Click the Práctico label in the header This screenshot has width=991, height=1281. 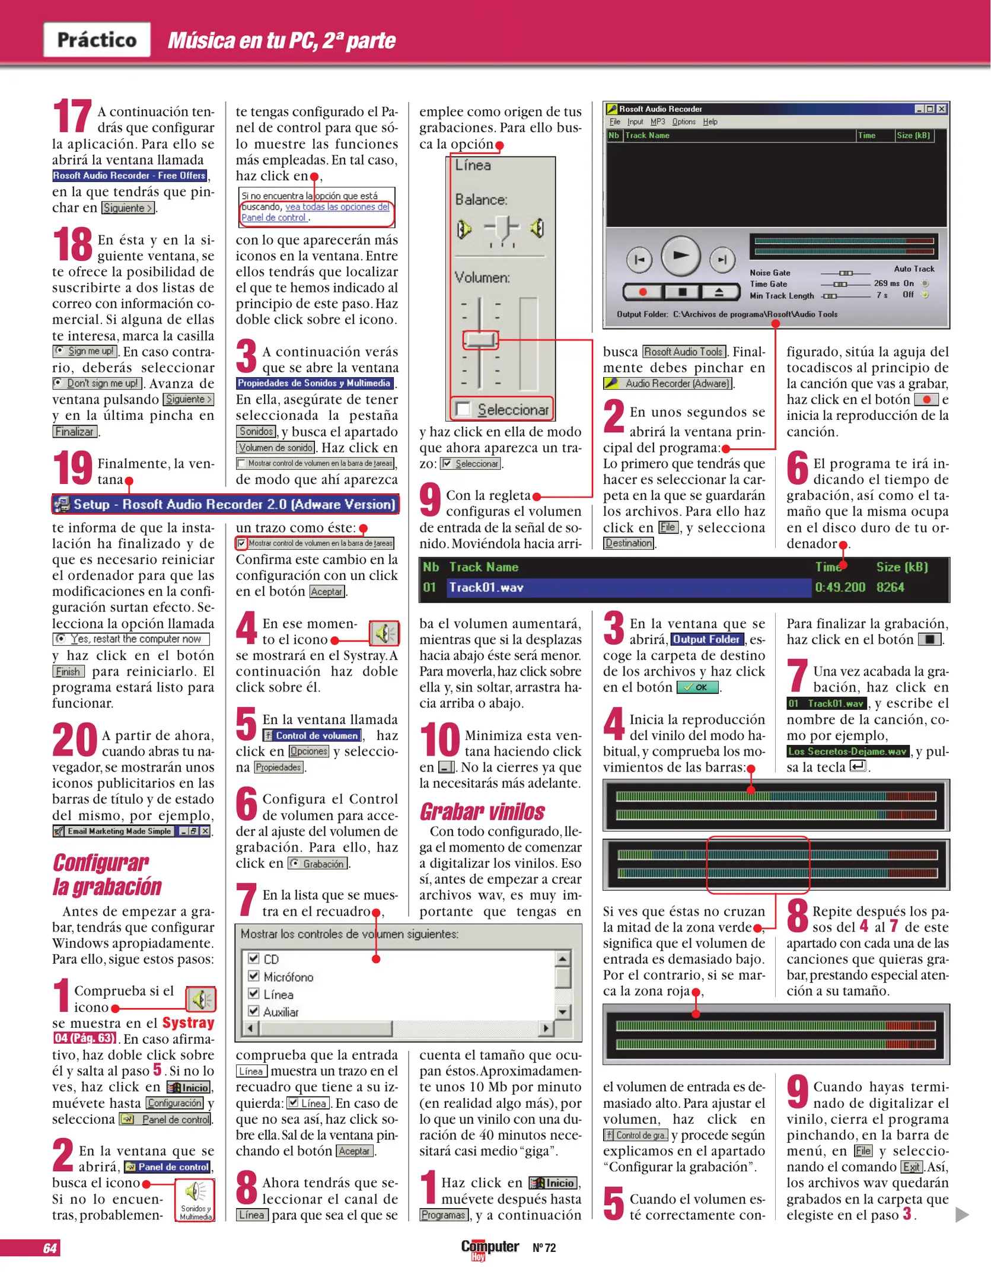pos(97,40)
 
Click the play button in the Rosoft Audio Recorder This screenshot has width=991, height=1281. pos(680,256)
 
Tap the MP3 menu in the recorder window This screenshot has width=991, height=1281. pos(657,122)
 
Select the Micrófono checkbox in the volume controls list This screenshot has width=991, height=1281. pos(254,976)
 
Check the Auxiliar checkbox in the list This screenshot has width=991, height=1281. pos(254,1011)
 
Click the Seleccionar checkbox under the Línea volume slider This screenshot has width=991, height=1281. pos(463,409)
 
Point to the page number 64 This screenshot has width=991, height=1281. pos(50,1248)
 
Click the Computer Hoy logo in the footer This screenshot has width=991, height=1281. pos(489,1248)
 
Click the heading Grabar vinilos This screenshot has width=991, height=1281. pos(482,811)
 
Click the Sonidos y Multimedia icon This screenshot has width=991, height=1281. pos(196,1199)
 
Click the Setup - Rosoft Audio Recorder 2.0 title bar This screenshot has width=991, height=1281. pos(226,504)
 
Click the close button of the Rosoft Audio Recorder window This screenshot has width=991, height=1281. pos(941,109)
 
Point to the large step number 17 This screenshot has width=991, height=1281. pos(72,116)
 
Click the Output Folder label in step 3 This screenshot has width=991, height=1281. pos(707,639)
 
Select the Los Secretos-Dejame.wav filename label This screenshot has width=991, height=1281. pos(847,751)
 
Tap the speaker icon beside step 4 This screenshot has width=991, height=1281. pos(384,633)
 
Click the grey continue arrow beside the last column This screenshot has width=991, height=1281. pos(962,1215)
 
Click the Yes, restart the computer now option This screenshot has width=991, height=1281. pos(131,639)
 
